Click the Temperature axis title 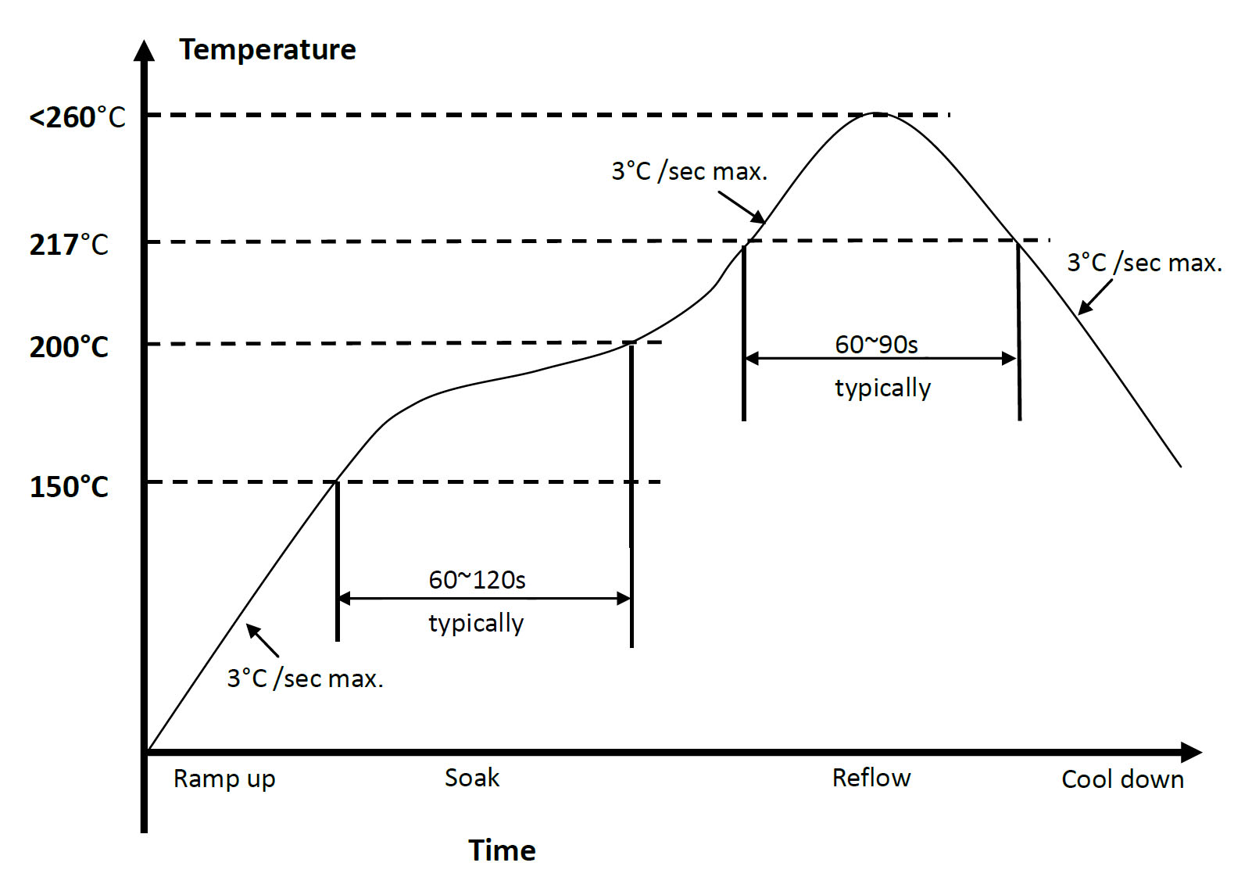point(267,50)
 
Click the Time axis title point(502,850)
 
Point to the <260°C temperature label point(77,118)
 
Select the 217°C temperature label point(69,245)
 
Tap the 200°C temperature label point(69,346)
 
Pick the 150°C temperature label point(69,487)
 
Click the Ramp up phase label point(224,779)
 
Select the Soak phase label point(471,778)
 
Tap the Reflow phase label point(871,778)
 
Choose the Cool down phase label point(1122,779)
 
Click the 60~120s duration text point(477,580)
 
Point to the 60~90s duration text point(876,345)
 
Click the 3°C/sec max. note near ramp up point(305,678)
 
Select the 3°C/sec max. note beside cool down point(1144,263)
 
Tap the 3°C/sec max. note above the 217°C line point(689,171)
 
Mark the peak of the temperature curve point(877,114)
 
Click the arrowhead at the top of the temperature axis point(144,50)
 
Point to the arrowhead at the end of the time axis point(1191,752)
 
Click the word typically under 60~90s point(882,388)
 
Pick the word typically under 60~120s point(476,623)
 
